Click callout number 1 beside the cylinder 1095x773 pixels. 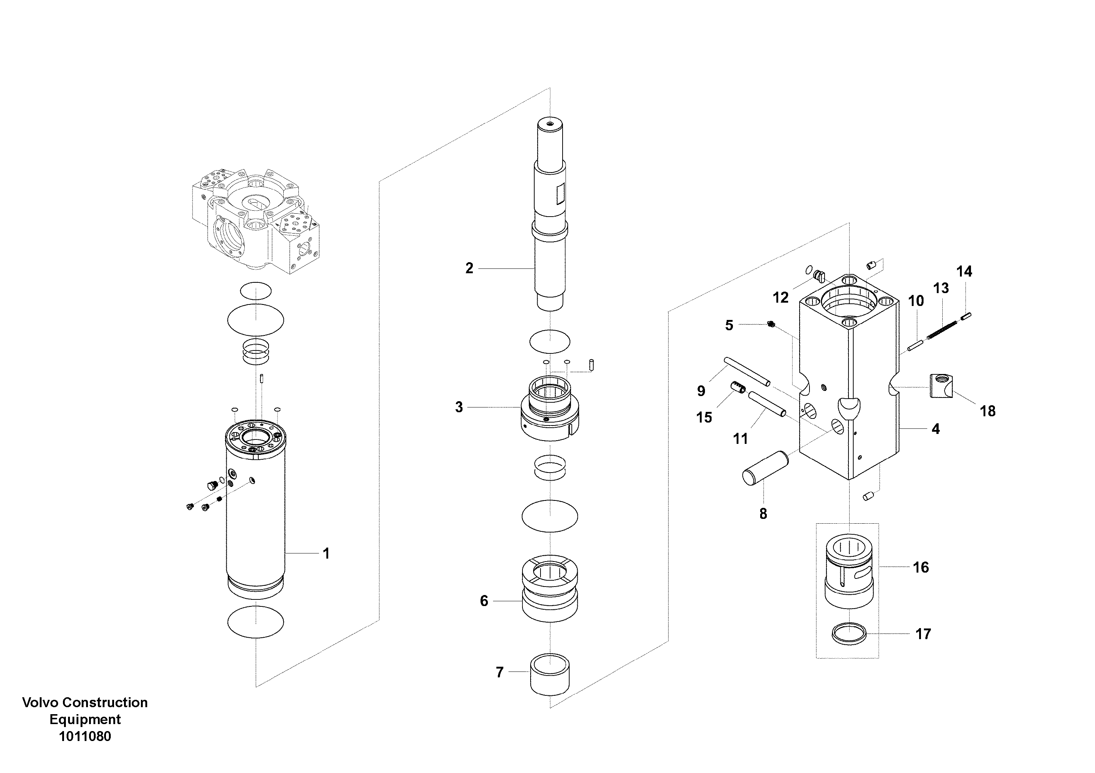(326, 553)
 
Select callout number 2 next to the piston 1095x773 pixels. (469, 268)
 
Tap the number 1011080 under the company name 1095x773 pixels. (85, 736)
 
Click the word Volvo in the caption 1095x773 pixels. (40, 702)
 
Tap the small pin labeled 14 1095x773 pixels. (966, 316)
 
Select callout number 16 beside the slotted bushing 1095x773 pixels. (921, 567)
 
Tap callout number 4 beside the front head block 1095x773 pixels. (935, 429)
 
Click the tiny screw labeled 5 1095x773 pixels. (771, 325)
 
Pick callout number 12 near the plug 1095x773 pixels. (781, 298)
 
